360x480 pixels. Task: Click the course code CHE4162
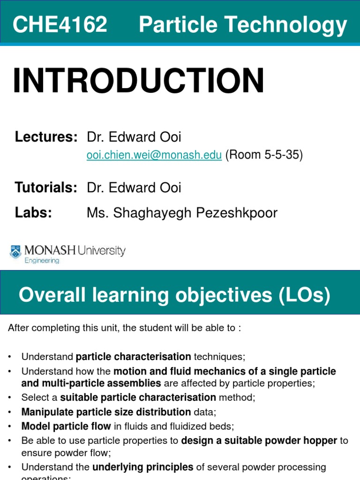(60, 24)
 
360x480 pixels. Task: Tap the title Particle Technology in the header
(243, 24)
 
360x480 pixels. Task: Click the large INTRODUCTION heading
(138, 81)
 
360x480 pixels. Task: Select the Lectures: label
(46, 137)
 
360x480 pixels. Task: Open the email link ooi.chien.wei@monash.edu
(154, 156)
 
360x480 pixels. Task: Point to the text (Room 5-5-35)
(264, 156)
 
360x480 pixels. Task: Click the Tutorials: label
(46, 188)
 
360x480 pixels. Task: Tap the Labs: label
(33, 213)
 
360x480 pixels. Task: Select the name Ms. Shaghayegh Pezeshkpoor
(182, 213)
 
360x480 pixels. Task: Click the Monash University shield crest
(15, 252)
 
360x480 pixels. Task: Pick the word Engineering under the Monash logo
(42, 261)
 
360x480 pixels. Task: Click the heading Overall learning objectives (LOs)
(174, 295)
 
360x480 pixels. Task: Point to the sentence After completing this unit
(124, 328)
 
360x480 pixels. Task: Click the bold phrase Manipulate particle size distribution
(106, 412)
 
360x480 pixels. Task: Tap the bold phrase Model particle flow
(66, 426)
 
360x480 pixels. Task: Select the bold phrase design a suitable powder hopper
(259, 440)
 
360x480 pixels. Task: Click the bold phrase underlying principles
(142, 467)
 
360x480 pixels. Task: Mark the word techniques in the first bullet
(219, 357)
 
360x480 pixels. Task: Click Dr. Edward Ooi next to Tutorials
(134, 188)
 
